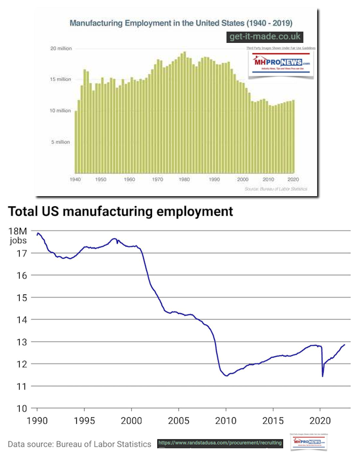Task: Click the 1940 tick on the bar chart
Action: [x=75, y=179]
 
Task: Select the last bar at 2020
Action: [x=293, y=137]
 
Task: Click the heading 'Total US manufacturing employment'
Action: [x=119, y=211]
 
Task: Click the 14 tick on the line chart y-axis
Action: [x=21, y=319]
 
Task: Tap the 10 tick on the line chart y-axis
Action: [x=21, y=408]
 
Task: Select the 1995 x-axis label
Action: [x=84, y=421]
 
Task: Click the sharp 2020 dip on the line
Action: [x=322, y=376]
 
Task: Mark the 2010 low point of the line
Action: [x=226, y=376]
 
